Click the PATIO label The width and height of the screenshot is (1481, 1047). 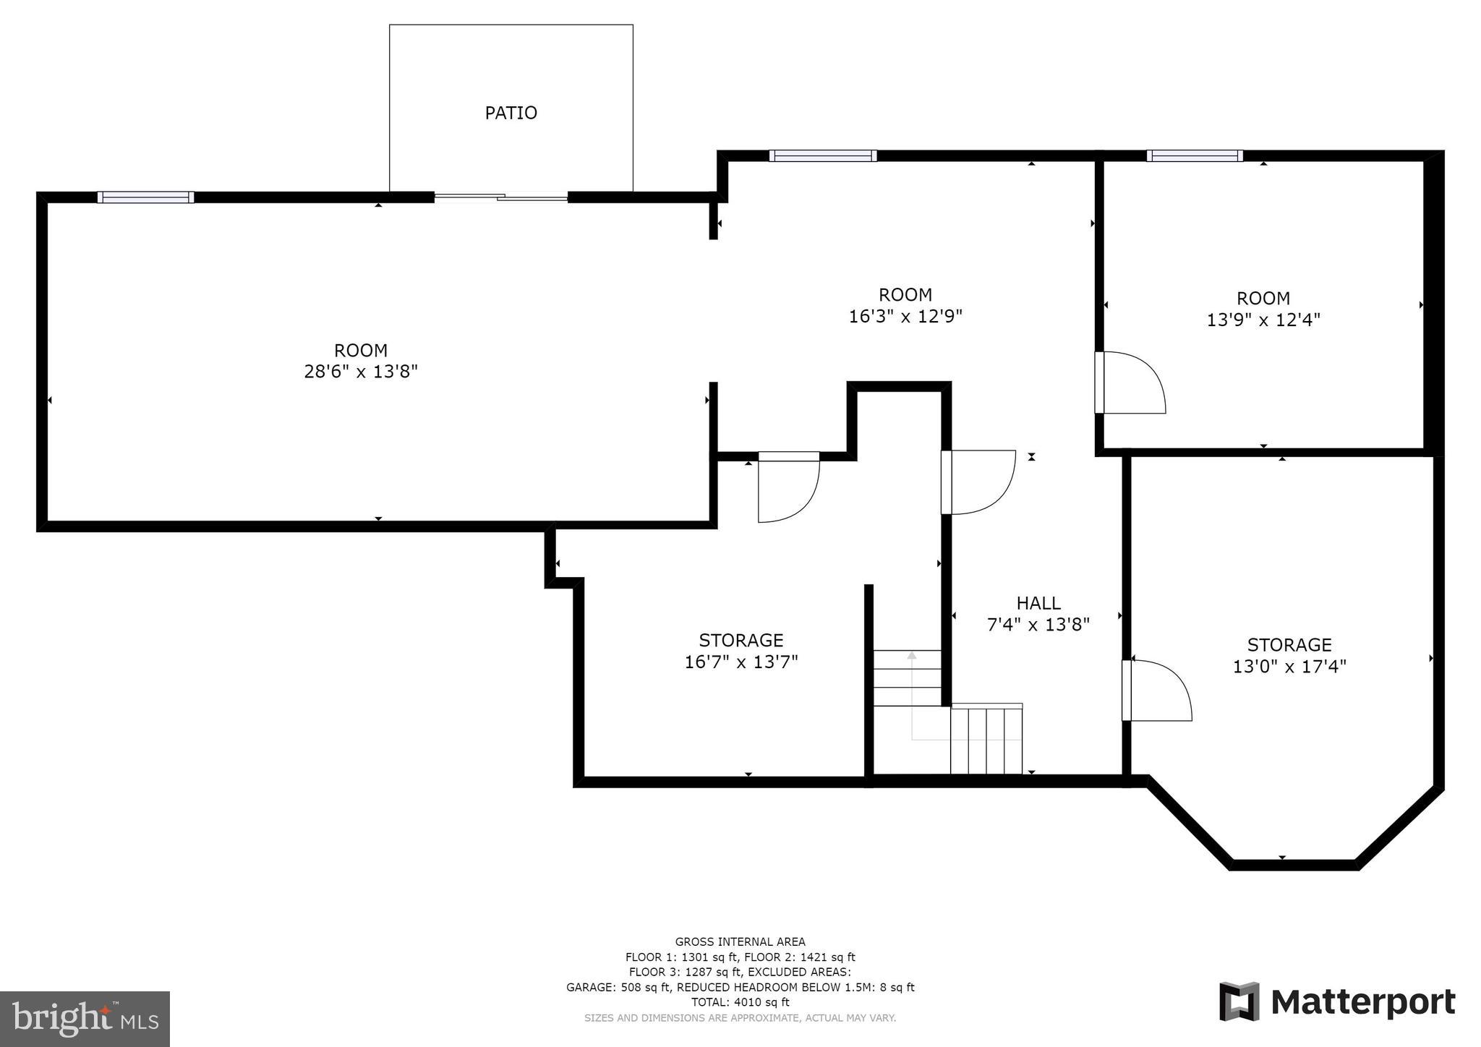click(511, 113)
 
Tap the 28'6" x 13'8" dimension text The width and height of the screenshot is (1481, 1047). click(361, 372)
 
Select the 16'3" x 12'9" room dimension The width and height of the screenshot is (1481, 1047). click(905, 316)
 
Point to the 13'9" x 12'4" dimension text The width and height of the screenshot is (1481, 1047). click(1263, 320)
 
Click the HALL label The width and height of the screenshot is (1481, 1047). click(1038, 603)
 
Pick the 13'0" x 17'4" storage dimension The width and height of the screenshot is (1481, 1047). click(1289, 666)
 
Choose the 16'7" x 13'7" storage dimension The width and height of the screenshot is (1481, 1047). click(741, 662)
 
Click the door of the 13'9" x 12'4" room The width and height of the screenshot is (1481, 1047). click(1128, 383)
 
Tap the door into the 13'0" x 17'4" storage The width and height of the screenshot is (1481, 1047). click(1155, 691)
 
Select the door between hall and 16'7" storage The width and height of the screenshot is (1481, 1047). click(976, 482)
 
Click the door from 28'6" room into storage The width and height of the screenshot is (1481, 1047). click(788, 486)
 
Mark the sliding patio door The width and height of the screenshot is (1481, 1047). click(501, 196)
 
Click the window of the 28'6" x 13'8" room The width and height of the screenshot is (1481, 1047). click(146, 197)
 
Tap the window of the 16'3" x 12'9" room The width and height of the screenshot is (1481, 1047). click(823, 155)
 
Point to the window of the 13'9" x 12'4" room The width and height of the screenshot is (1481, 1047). click(1195, 155)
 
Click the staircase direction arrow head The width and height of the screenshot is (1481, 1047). click(912, 655)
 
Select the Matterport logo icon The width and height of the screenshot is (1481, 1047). click(1239, 1001)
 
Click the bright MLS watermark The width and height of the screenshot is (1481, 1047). click(85, 1019)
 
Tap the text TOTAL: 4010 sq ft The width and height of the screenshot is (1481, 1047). click(740, 1002)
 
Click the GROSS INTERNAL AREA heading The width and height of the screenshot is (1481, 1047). click(740, 941)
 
